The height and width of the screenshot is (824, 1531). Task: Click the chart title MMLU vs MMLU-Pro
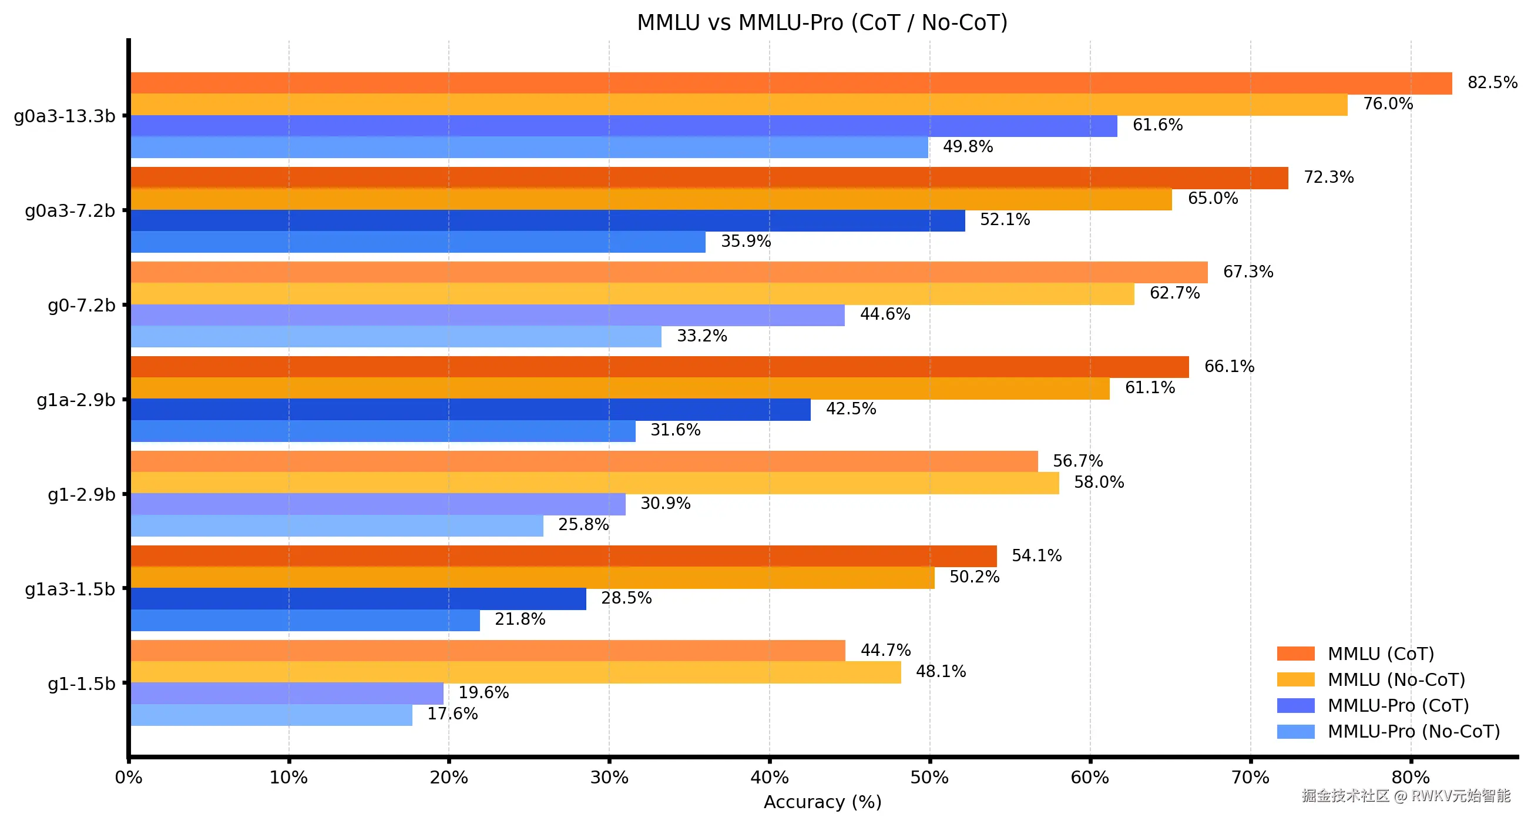click(822, 22)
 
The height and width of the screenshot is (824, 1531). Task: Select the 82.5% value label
click(1492, 83)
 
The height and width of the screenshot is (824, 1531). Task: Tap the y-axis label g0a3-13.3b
click(64, 116)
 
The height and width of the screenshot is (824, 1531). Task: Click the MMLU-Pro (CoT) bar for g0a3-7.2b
click(547, 220)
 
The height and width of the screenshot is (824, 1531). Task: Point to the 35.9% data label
click(746, 242)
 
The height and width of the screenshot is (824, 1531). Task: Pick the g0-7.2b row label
click(82, 306)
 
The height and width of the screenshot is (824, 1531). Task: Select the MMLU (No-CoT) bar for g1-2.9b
click(595, 483)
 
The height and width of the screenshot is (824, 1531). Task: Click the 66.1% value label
click(1228, 366)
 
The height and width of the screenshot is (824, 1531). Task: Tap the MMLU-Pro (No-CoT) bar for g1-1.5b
click(271, 715)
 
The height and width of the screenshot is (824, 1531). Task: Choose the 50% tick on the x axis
click(929, 778)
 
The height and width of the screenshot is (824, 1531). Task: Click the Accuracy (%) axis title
click(822, 802)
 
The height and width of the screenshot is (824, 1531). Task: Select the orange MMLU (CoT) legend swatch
click(1295, 654)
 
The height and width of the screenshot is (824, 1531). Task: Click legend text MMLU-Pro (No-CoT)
click(1414, 731)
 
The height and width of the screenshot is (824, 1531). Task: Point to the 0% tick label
click(129, 778)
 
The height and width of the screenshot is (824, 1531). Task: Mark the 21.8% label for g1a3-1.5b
click(519, 619)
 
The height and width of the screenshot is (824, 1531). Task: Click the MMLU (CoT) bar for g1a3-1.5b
click(563, 556)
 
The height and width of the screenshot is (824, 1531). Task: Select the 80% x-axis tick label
click(1410, 778)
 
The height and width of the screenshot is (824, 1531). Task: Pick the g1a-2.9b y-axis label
click(75, 400)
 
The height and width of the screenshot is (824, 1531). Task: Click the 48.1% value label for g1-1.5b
click(940, 672)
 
